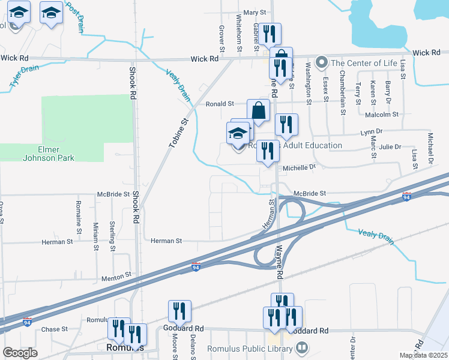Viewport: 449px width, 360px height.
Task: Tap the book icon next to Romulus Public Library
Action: click(302, 347)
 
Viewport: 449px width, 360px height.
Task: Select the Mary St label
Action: click(254, 12)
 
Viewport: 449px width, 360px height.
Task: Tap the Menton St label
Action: click(115, 275)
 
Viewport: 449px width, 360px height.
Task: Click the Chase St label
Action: click(55, 329)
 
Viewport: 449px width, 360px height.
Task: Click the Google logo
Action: click(20, 353)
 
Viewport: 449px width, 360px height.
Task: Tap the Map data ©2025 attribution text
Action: click(423, 355)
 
